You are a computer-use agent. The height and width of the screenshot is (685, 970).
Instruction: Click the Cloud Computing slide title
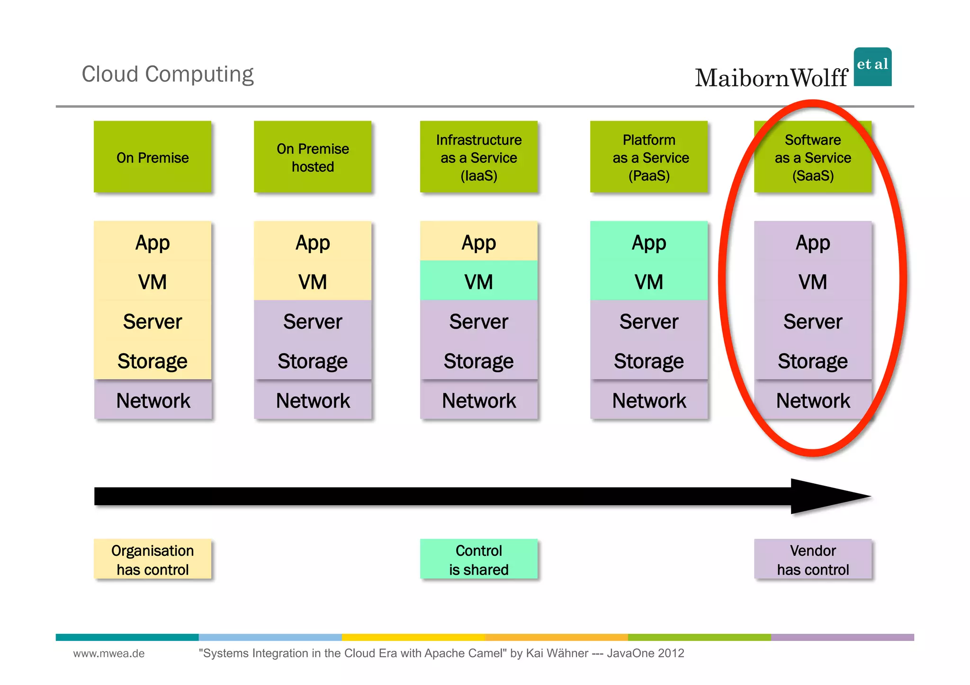point(168,74)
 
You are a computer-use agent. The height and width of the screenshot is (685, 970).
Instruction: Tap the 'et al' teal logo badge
point(872,67)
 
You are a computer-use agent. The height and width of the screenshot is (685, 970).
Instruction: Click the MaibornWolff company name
point(771,78)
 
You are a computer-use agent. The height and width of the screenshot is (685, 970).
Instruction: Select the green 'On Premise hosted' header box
point(313,157)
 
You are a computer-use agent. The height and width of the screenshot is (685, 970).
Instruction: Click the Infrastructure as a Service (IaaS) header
point(479,157)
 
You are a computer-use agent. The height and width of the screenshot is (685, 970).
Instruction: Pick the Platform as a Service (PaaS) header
point(649,157)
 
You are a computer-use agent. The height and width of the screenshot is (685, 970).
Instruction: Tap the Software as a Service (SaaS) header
point(813,157)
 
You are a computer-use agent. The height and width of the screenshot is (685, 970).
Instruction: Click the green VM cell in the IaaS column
point(479,282)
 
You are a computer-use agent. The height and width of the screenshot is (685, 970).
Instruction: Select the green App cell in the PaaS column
point(649,243)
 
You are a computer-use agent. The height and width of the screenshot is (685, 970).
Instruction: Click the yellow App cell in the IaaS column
point(479,242)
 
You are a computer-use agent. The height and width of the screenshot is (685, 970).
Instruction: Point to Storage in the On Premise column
point(153,361)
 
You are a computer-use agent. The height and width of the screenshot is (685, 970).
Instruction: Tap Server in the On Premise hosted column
point(313,321)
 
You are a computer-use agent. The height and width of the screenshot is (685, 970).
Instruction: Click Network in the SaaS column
point(813,400)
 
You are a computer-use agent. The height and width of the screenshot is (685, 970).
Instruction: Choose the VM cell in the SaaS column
point(813,282)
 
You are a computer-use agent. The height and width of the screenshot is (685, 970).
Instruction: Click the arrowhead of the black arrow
point(824,496)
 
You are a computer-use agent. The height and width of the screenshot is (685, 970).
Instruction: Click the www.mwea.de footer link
point(109,653)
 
